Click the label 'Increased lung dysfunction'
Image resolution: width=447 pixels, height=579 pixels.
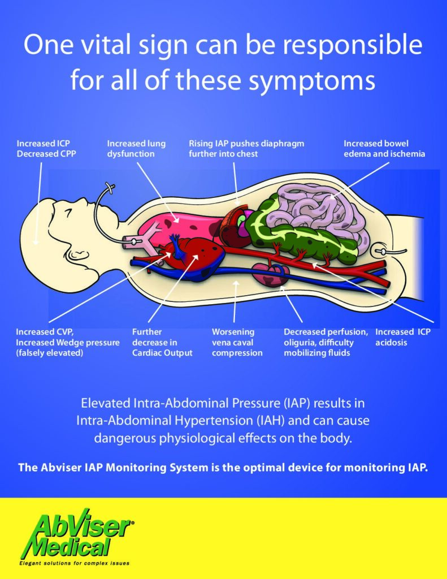(136, 148)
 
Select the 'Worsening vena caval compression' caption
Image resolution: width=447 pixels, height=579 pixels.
(237, 342)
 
